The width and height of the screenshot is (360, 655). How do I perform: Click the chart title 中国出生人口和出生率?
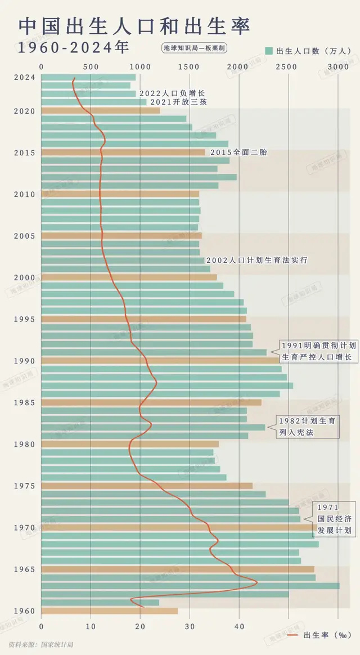[134, 26]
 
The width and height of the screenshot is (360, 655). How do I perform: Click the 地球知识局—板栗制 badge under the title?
[194, 48]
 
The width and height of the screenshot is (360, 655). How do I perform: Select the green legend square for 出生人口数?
[269, 51]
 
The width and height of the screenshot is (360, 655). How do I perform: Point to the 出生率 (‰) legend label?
[327, 635]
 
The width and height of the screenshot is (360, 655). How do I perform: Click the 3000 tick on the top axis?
[338, 67]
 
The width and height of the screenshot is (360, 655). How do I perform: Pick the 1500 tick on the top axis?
[190, 67]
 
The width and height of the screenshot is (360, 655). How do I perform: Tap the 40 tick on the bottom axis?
[239, 624]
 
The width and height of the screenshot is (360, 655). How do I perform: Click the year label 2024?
[25, 78]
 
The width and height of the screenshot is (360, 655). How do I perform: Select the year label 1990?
[25, 361]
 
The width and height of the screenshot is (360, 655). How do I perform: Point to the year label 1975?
[25, 486]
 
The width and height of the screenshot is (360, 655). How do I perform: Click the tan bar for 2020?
[101, 110]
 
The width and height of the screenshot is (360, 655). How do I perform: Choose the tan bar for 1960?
[110, 611]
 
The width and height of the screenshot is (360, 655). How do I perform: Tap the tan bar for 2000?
[129, 277]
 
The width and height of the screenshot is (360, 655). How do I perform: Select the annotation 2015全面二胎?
[238, 152]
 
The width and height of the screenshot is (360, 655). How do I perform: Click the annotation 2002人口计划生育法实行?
[256, 261]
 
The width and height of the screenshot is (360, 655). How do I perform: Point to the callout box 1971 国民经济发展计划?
[334, 519]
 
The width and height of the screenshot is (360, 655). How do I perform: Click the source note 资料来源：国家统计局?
[41, 644]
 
